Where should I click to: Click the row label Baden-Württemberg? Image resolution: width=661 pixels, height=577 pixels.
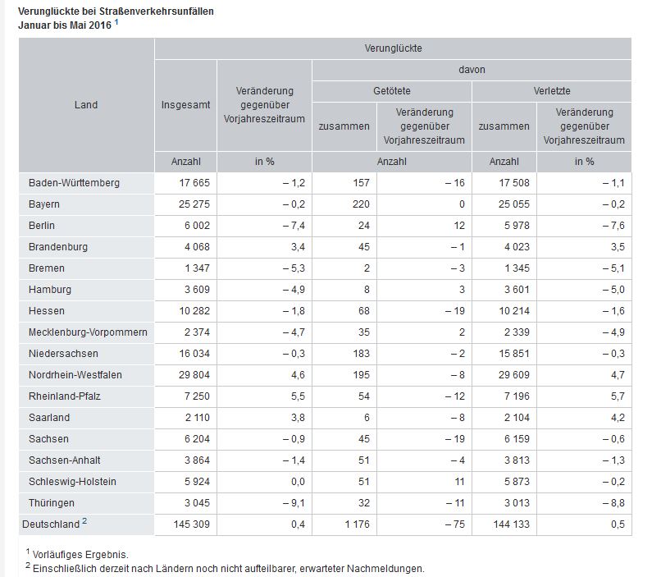click(74, 182)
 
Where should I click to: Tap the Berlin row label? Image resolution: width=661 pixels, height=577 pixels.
click(42, 225)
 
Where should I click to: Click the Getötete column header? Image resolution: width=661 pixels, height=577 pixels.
click(391, 91)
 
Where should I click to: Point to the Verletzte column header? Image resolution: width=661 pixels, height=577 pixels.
click(551, 91)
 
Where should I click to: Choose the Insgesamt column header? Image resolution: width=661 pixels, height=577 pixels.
click(185, 104)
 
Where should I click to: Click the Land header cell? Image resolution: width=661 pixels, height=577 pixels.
click(85, 104)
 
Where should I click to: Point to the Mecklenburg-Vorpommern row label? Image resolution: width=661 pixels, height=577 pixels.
click(88, 332)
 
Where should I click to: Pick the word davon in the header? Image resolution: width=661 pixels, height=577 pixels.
click(472, 70)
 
